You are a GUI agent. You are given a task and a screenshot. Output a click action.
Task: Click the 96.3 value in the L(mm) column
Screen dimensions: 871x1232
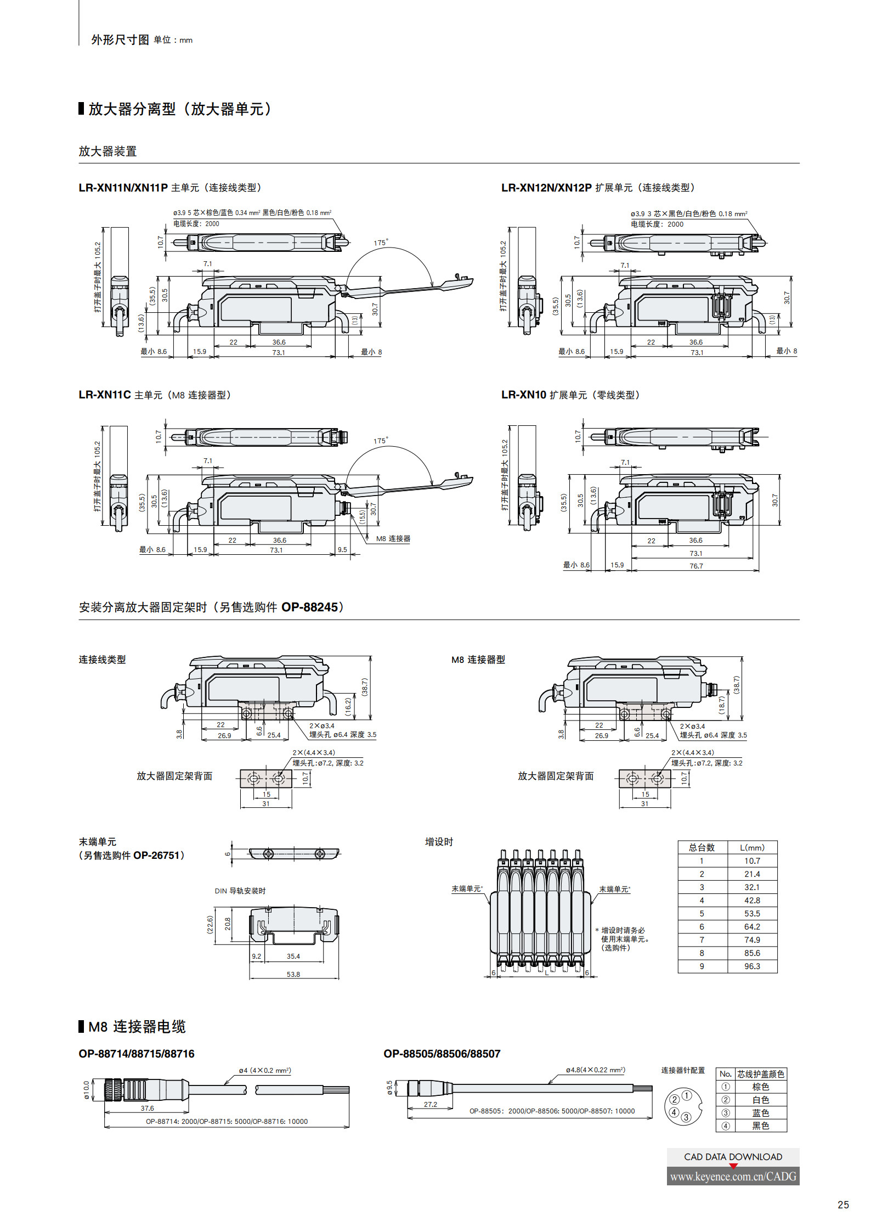tap(752, 966)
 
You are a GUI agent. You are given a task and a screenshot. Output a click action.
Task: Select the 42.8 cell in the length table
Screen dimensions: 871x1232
tap(752, 900)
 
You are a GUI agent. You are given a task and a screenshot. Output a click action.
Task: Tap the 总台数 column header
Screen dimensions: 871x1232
tap(702, 847)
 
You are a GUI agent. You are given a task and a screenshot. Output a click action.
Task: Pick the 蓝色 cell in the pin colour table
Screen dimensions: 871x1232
tap(760, 1113)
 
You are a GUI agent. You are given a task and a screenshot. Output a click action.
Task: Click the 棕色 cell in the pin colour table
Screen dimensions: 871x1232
tap(760, 1087)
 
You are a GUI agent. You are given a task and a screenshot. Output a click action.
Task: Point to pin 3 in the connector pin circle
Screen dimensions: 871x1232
tap(686, 1117)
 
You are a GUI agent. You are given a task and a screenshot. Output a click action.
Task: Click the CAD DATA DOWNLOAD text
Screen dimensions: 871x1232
tap(733, 1157)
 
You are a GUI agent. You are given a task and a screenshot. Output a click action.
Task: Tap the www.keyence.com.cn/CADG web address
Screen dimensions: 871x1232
tap(733, 1176)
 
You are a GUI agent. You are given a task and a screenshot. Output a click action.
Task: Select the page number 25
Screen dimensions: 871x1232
tap(843, 1205)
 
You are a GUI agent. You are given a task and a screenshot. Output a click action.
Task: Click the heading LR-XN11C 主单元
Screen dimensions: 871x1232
tap(120, 395)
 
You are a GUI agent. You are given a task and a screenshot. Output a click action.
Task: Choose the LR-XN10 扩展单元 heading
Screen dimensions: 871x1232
tap(544, 395)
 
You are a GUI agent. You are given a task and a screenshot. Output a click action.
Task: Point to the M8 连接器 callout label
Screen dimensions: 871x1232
tap(393, 539)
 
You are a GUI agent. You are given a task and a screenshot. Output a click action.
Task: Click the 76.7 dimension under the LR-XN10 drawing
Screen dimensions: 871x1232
tap(696, 566)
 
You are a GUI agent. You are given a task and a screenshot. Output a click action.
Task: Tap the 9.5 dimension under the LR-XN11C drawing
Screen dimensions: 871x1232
tap(342, 549)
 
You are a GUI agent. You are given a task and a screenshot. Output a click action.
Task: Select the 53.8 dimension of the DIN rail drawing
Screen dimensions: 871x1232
tap(293, 974)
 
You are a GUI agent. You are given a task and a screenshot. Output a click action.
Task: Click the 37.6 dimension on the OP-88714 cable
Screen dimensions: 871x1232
tap(147, 1108)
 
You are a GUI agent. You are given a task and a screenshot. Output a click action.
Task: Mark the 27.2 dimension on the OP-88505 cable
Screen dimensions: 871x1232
tap(431, 1104)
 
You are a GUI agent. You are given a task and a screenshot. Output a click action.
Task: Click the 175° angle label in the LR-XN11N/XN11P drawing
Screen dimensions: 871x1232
tap(381, 243)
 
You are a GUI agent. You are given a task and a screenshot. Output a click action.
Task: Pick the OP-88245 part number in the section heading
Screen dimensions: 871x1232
tap(310, 607)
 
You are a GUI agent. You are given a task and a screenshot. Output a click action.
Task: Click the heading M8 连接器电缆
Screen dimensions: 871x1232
tap(137, 1026)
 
